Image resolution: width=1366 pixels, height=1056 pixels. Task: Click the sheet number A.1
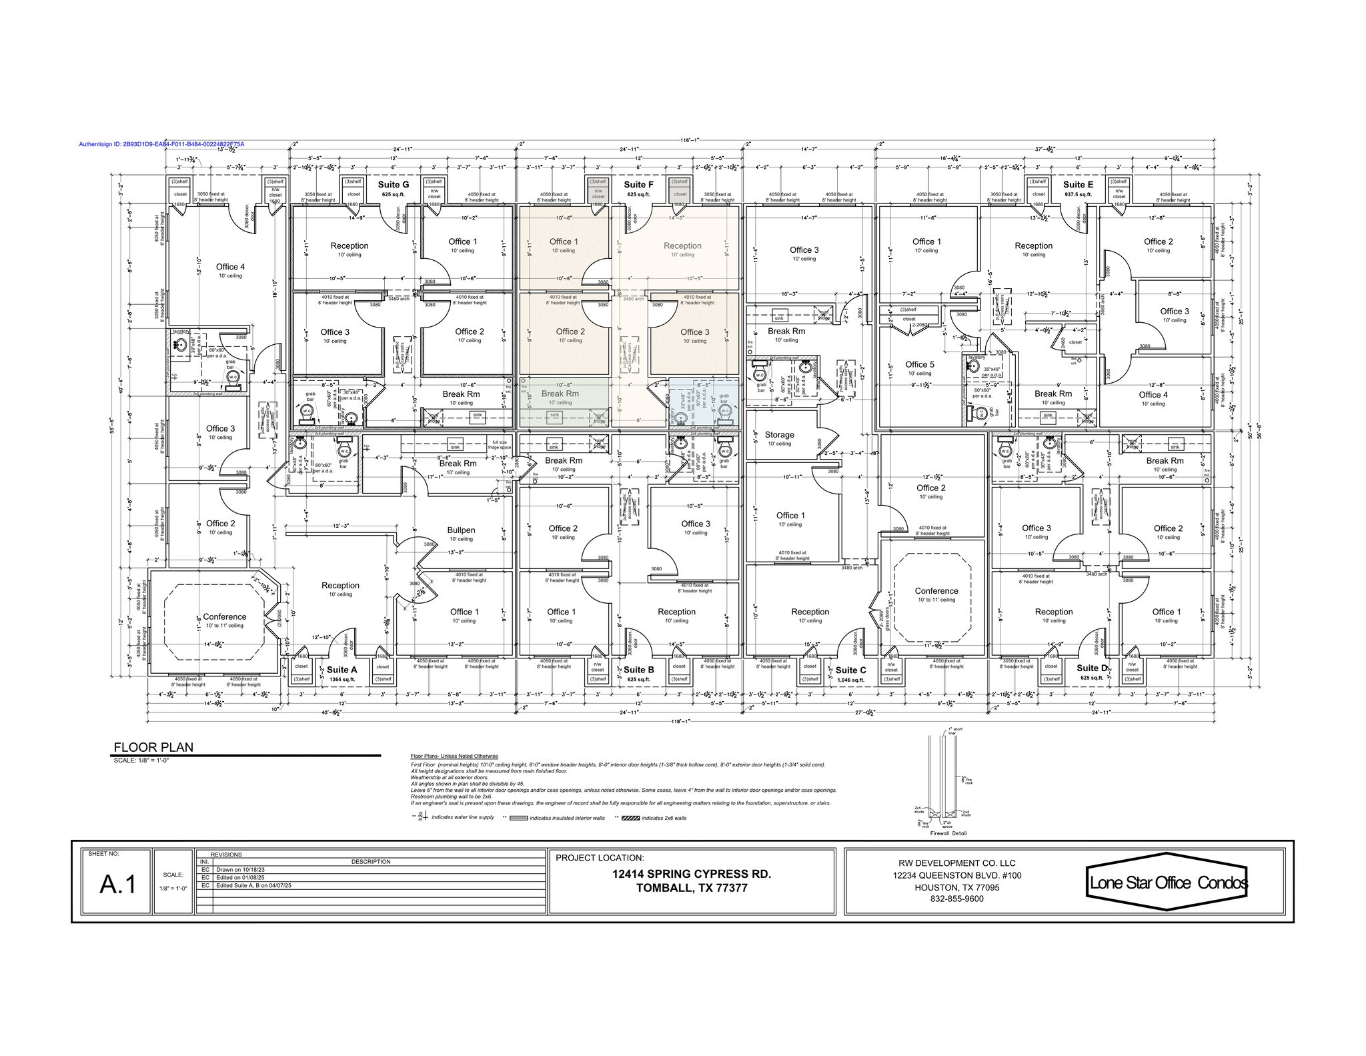118,884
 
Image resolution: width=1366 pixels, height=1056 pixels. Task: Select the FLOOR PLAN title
153,747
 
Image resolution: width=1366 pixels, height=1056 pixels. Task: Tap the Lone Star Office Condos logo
1168,883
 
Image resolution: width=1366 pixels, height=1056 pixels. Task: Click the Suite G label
394,185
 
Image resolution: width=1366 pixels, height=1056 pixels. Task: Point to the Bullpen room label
461,530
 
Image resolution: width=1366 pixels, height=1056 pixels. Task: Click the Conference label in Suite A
224,616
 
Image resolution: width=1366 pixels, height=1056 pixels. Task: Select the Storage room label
779,434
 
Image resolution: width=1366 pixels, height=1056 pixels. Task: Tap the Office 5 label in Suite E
920,364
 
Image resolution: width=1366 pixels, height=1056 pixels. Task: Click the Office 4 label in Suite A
230,267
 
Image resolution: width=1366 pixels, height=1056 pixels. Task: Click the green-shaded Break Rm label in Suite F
560,394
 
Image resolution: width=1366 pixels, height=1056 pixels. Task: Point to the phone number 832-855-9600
956,899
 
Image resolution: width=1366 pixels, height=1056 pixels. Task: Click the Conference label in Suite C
936,591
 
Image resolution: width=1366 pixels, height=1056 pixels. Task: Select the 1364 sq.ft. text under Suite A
343,680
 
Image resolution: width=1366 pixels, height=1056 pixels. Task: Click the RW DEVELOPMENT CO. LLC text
956,863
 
